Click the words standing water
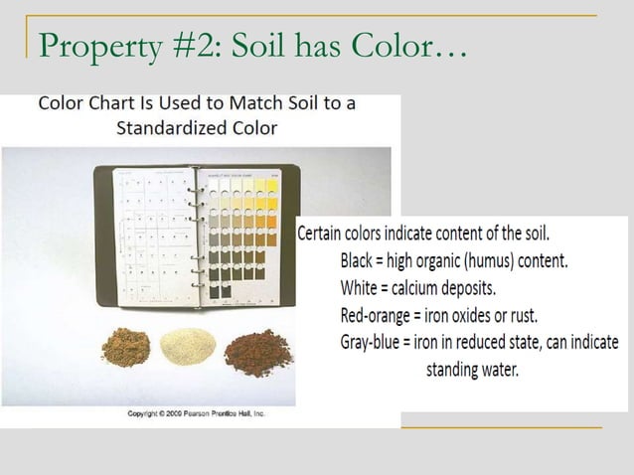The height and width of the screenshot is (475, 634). [x=472, y=370]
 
